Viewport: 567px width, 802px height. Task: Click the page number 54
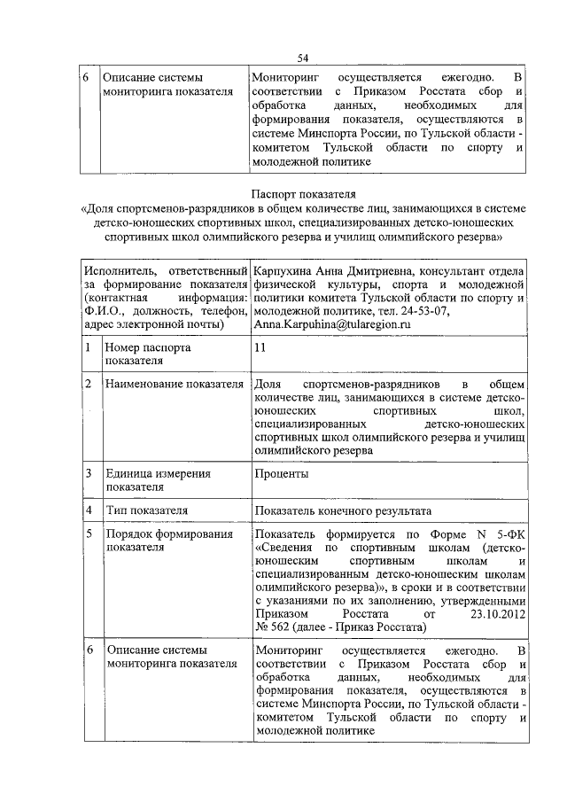(302, 58)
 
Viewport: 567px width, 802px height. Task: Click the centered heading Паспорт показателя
(301, 192)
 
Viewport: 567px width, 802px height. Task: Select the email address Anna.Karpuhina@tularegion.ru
(333, 325)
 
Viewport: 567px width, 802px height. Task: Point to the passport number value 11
(260, 349)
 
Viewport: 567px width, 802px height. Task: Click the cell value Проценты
(281, 474)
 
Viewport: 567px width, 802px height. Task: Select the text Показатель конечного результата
(342, 511)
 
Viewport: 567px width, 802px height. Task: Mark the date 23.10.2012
(493, 613)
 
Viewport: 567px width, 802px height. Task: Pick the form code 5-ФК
(509, 534)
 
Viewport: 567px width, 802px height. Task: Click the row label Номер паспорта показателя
(147, 355)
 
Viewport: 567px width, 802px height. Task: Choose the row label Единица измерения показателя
(158, 480)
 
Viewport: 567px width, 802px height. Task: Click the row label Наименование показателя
(174, 385)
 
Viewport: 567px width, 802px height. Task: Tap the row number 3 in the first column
(89, 474)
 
